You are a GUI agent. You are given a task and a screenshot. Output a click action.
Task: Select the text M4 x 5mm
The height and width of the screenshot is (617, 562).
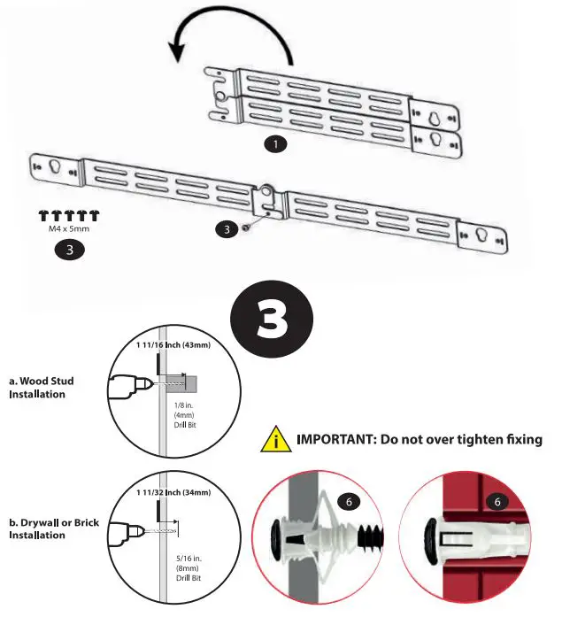[x=68, y=228]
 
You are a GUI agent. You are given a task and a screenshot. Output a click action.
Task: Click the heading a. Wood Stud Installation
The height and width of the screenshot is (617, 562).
[x=42, y=387]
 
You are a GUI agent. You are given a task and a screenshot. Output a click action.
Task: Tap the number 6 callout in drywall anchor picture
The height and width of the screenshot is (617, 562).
[x=349, y=502]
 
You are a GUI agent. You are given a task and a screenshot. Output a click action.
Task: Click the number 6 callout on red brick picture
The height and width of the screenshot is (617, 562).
[x=497, y=502]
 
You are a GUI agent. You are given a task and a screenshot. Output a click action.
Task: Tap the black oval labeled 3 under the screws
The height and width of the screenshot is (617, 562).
[x=70, y=250]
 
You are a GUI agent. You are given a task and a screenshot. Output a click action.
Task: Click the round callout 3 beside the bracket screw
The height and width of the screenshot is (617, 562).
[x=227, y=229]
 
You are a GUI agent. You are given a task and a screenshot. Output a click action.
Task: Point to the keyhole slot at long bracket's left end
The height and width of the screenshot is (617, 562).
[x=52, y=166]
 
